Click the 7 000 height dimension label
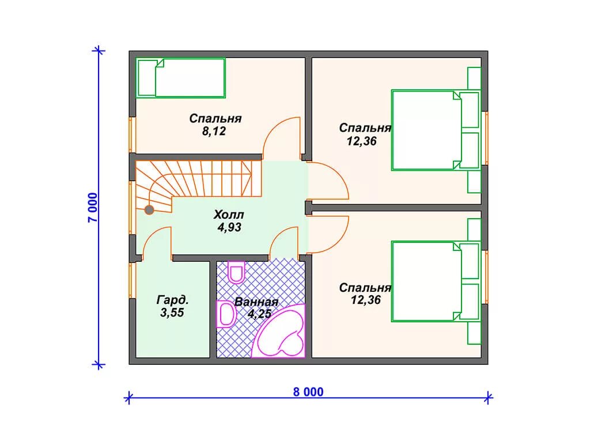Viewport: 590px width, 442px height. pos(93,207)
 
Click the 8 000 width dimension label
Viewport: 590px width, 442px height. pos(308,392)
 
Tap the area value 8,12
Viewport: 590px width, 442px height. pos(214,131)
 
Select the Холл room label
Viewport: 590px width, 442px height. pos(229,215)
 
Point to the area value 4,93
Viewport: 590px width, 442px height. pos(229,227)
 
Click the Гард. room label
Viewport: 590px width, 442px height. pos(172,300)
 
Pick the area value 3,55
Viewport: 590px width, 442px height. pos(172,313)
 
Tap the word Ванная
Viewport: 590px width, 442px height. pos(256,302)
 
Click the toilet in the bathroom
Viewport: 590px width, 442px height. pos(236,272)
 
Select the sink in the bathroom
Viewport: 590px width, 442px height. pos(226,314)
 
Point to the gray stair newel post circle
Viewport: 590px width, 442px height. pos(149,209)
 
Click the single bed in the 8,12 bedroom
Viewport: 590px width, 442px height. pos(180,78)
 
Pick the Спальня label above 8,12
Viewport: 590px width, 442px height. pos(215,119)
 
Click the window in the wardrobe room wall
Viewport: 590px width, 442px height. pos(132,280)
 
